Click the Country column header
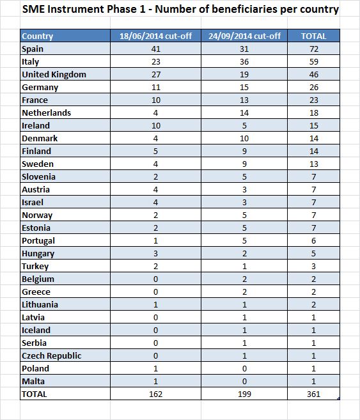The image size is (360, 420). (38, 36)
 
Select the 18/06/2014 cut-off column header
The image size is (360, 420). (155, 36)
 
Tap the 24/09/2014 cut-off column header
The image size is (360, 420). (244, 36)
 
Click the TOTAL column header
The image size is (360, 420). (314, 36)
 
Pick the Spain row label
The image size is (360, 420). (33, 49)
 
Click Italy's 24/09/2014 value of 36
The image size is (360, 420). (244, 62)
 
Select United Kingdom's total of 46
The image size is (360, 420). (314, 74)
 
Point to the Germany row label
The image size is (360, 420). (40, 88)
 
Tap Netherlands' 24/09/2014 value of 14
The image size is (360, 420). (244, 113)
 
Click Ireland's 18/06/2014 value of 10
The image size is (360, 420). (156, 126)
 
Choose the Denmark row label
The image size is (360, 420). (40, 139)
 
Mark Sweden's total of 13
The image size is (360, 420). (314, 164)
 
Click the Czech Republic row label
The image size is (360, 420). (51, 355)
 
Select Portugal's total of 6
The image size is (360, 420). (314, 240)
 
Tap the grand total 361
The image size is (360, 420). (314, 394)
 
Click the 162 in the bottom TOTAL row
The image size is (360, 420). (155, 394)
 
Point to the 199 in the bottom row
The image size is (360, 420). (244, 394)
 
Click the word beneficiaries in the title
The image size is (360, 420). (244, 9)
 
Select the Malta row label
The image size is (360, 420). (33, 381)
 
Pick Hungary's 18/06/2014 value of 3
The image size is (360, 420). (155, 253)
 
